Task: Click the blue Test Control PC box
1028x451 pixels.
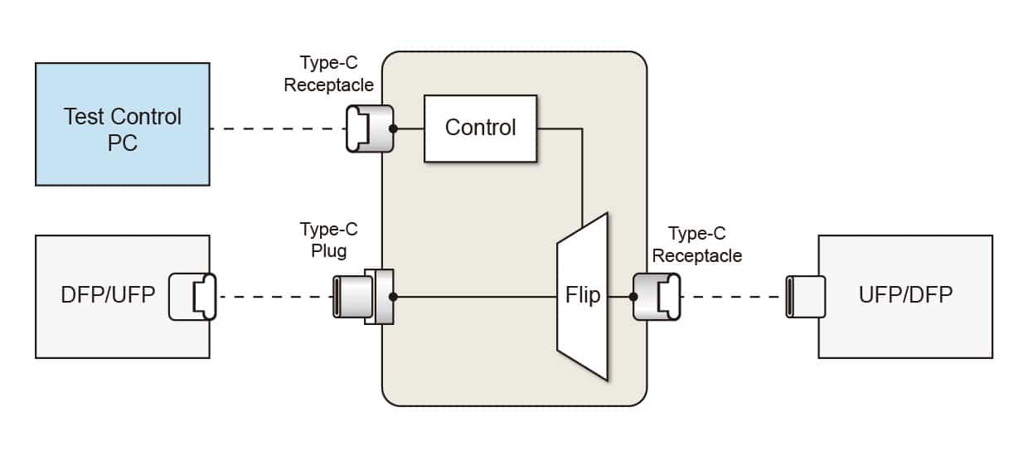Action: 122,124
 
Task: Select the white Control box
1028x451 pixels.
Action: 480,128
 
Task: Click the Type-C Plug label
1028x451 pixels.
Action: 329,239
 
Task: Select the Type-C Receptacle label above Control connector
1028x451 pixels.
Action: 329,74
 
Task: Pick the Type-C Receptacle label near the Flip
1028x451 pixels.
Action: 696,245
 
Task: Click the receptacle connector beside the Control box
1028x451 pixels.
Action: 369,129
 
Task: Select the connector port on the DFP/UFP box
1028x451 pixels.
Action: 192,296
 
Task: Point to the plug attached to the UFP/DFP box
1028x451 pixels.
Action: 805,296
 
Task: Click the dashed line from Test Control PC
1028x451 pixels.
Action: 278,129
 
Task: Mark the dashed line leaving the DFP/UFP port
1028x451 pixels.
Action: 274,296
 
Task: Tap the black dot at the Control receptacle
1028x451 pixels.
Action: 394,129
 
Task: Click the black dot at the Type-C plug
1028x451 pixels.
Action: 394,296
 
